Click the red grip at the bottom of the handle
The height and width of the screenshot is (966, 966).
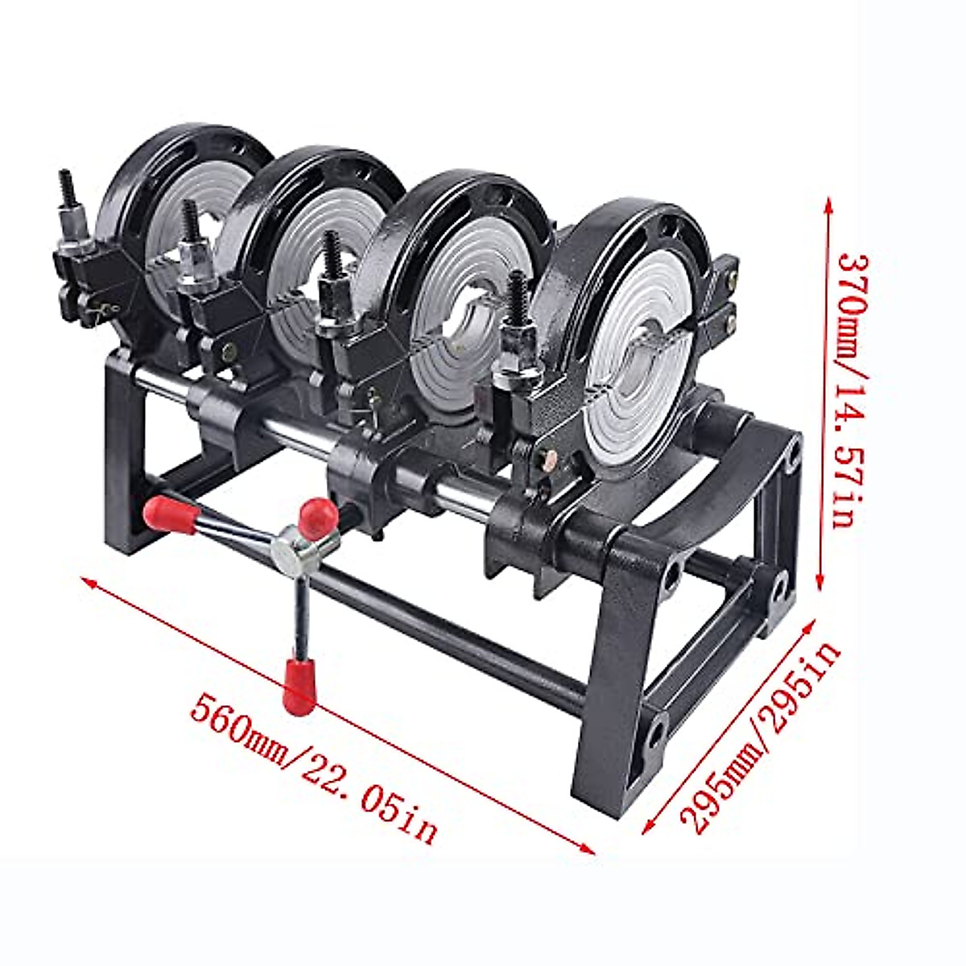(x=299, y=686)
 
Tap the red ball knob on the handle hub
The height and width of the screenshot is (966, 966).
(x=316, y=515)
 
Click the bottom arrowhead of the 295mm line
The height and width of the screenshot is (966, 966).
(x=649, y=828)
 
